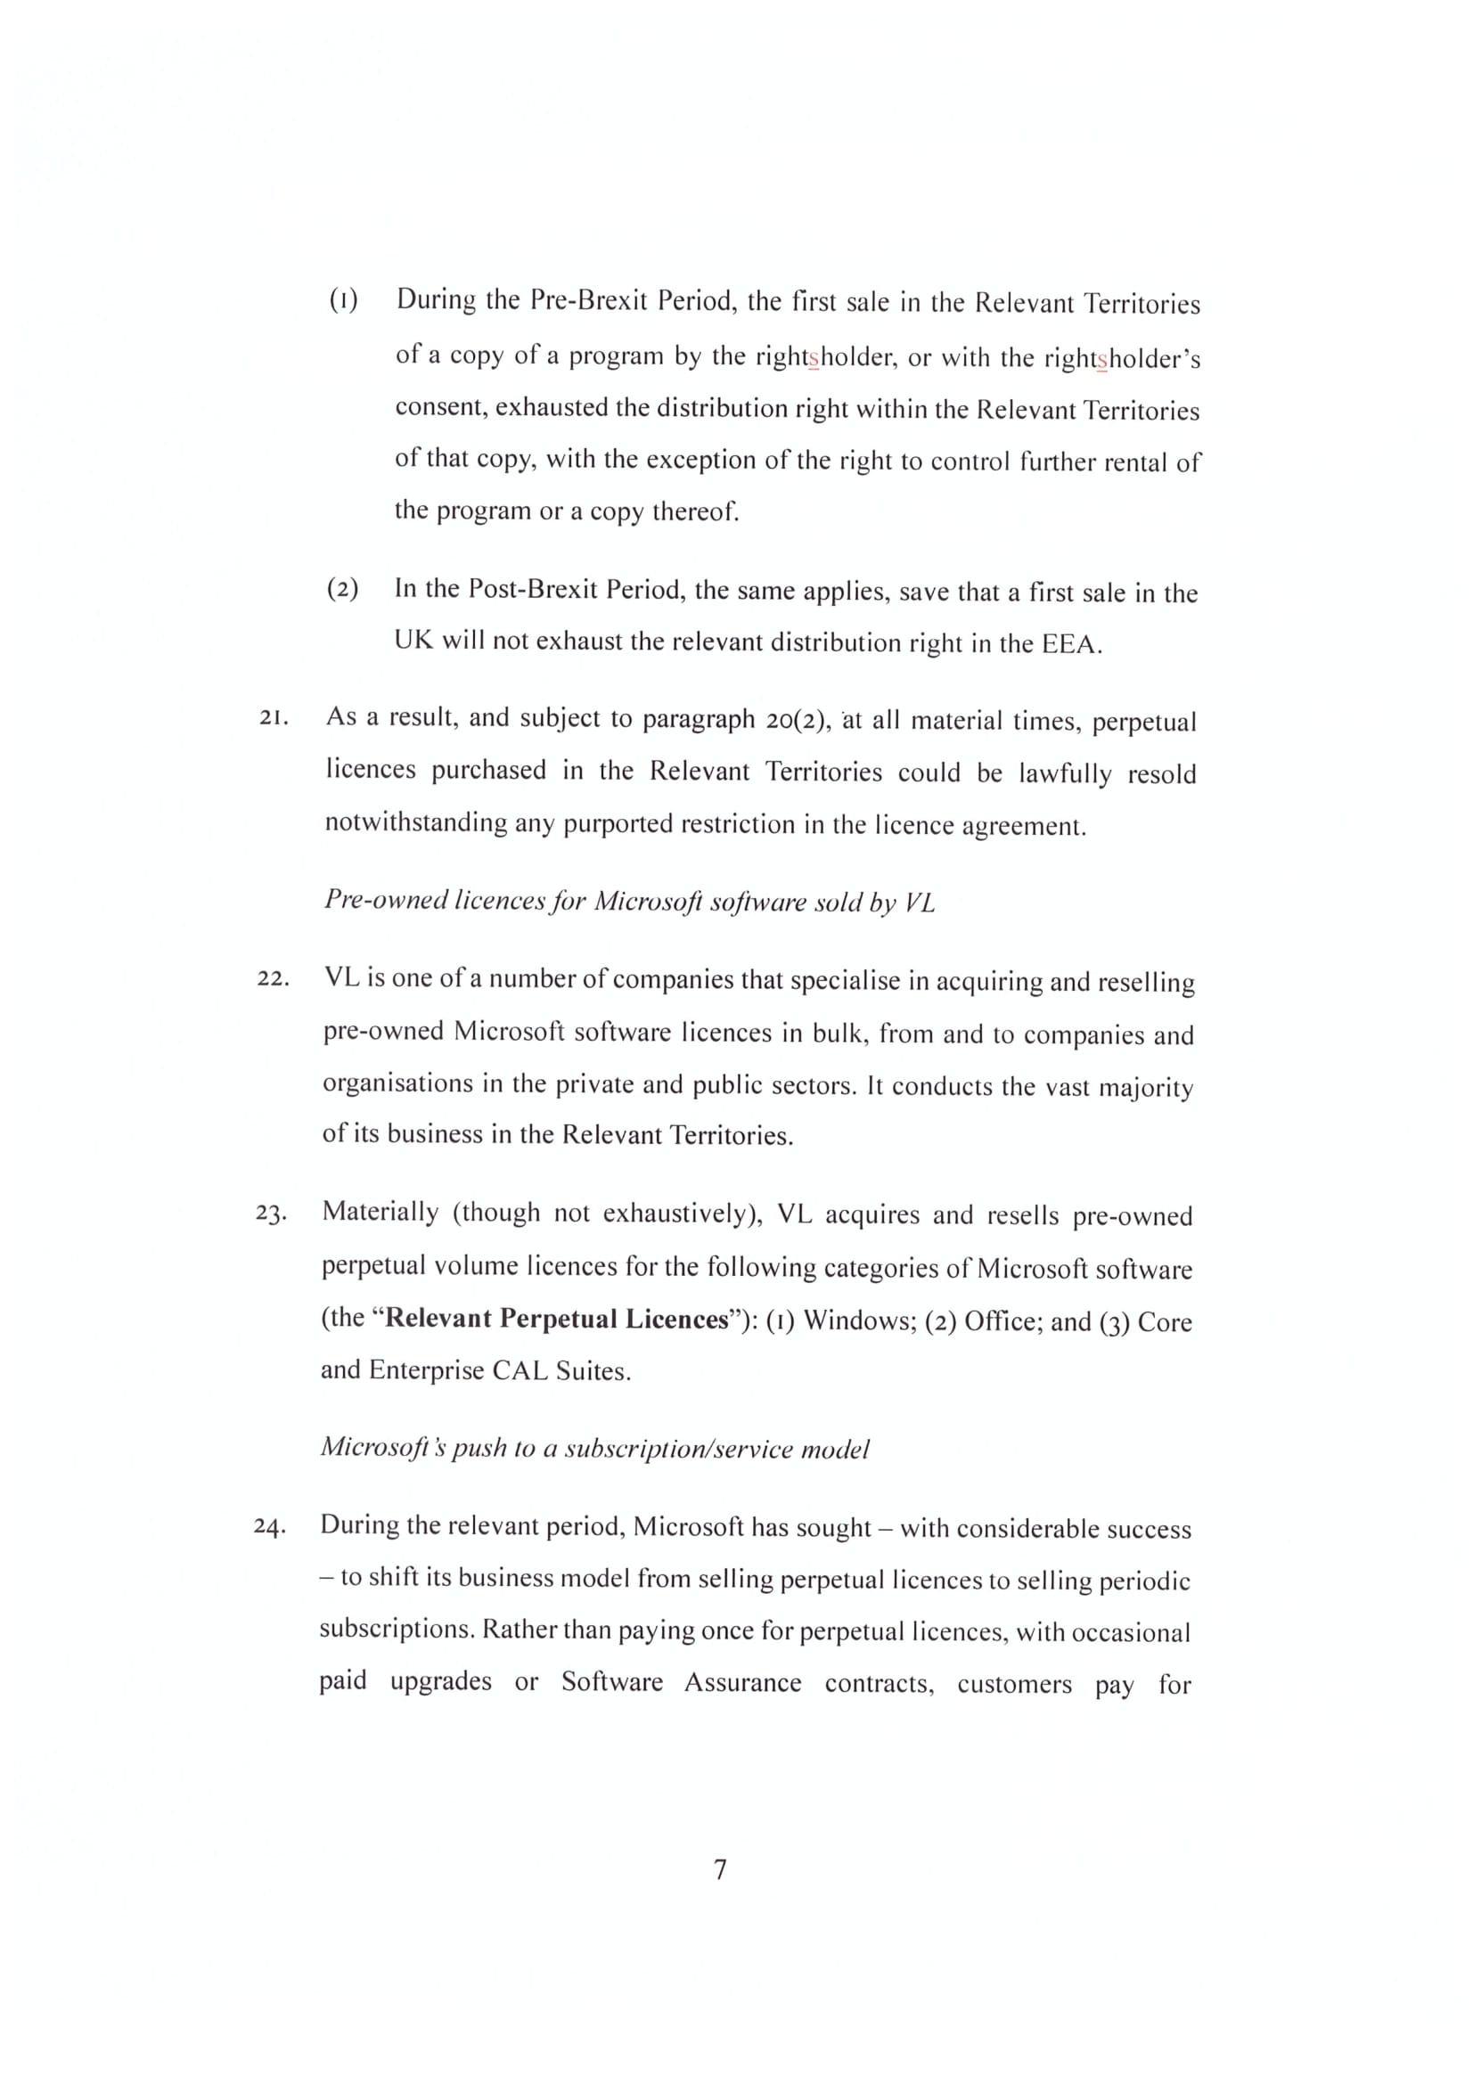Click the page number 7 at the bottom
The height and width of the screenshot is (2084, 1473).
click(720, 1870)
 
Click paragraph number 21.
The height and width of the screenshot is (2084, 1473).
click(274, 718)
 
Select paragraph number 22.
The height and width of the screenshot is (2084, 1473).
click(273, 979)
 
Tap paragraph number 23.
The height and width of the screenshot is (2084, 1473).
click(272, 1214)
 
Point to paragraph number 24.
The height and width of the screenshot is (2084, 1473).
click(269, 1527)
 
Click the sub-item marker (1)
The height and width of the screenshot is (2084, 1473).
click(343, 299)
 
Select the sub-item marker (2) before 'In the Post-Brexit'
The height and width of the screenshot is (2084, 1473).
click(342, 589)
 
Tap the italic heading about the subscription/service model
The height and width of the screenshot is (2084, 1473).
click(594, 1449)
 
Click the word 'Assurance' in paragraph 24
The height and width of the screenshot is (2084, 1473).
click(742, 1684)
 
